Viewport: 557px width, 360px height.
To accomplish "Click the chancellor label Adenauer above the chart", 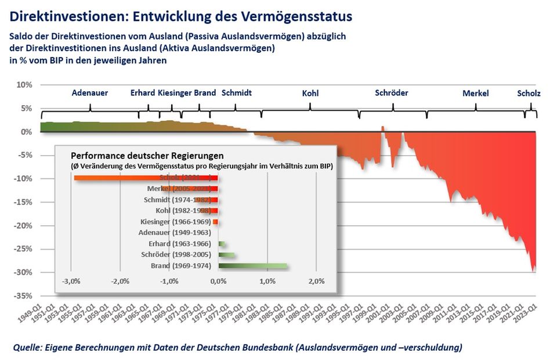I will click(x=90, y=93).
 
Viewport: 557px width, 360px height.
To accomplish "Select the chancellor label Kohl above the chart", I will click(x=310, y=93).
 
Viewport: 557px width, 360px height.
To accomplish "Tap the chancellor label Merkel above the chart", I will click(x=476, y=93).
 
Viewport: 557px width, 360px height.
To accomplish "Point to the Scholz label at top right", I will click(x=529, y=93).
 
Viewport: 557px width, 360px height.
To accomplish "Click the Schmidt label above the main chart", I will click(x=237, y=93).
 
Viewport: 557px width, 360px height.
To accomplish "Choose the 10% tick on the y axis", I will click(x=24, y=85).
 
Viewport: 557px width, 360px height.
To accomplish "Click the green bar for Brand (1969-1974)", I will click(x=252, y=266).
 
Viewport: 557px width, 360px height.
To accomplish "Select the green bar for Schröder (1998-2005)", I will click(x=226, y=255).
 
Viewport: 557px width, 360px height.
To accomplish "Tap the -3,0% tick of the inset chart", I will click(x=71, y=282).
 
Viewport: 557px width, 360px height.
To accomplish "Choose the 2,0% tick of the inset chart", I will click(x=316, y=282).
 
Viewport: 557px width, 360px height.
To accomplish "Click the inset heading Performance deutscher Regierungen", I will click(x=147, y=156).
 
